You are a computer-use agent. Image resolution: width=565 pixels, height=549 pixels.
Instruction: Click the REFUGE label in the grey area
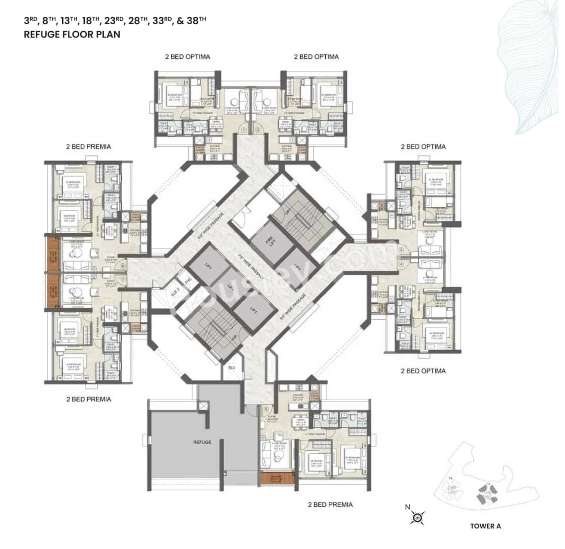(202, 442)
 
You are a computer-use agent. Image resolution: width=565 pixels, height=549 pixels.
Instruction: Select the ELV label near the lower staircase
(232, 367)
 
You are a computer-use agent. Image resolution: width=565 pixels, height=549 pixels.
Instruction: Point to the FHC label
(188, 280)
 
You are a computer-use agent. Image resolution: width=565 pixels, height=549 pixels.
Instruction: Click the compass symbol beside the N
(417, 517)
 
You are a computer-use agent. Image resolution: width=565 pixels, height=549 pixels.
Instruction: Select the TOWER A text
(485, 526)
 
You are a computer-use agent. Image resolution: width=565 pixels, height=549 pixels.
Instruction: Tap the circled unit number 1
(244, 130)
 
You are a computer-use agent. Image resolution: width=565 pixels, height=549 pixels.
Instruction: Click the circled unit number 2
(257, 130)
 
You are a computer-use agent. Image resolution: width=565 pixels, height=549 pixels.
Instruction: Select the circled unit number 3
(401, 250)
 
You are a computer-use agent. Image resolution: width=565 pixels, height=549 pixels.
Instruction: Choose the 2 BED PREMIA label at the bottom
(330, 504)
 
